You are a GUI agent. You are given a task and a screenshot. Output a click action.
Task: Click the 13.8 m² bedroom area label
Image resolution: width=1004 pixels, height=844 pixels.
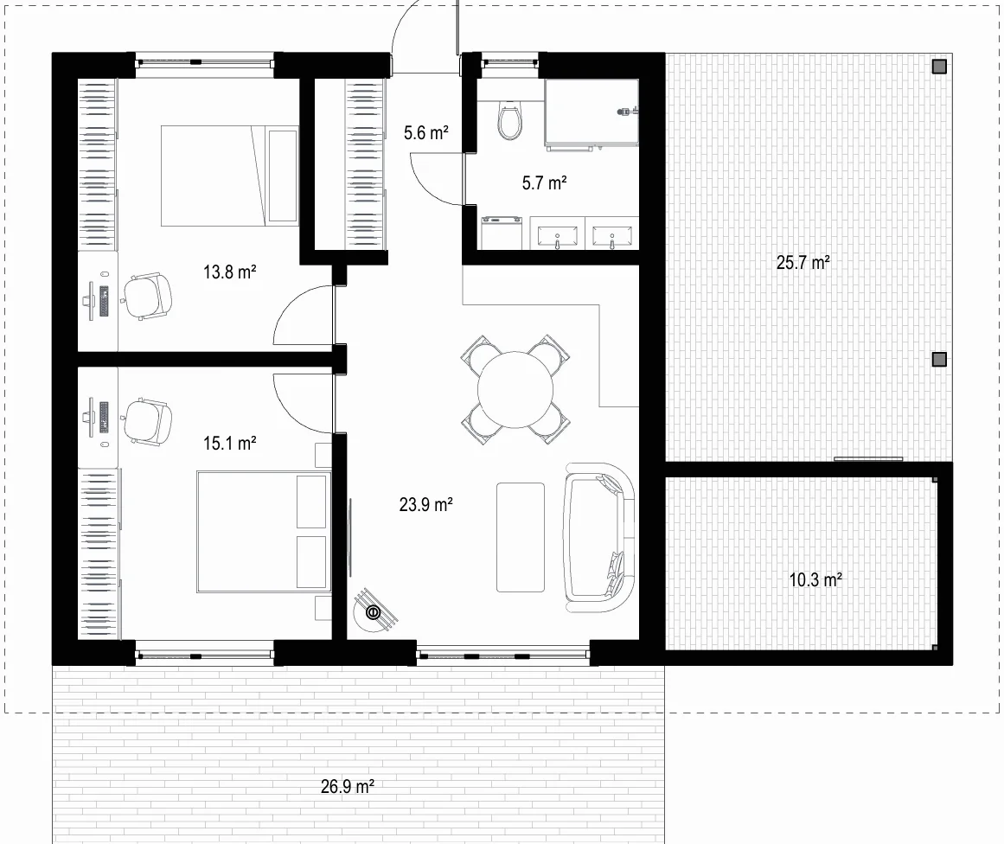230,272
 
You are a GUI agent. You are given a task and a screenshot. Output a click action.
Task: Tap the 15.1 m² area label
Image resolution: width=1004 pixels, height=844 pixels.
230,443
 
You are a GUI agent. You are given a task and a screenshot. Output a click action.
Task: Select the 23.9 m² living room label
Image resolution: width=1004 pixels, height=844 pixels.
425,505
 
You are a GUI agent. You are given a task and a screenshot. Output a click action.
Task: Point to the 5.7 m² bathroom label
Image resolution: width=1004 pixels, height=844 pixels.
544,183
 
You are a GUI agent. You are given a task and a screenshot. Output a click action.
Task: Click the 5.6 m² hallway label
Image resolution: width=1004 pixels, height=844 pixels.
425,132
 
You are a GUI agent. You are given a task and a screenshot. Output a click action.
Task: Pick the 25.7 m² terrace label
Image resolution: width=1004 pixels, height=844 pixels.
803,263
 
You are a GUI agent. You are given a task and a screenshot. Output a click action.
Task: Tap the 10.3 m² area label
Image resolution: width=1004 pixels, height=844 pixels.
815,580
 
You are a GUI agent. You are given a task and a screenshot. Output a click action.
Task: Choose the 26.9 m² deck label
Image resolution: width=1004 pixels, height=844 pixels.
347,786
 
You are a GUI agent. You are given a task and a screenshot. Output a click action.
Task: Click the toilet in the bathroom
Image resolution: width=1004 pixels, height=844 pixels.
509,119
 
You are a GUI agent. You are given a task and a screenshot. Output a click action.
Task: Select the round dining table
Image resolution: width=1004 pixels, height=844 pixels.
515,388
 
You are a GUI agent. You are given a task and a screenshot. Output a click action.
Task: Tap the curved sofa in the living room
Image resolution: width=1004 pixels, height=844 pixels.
598,538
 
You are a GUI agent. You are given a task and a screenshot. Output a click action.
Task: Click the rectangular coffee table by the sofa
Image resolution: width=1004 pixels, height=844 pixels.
521,537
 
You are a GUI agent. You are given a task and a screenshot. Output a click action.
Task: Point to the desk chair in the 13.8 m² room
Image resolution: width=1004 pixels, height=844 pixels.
147,296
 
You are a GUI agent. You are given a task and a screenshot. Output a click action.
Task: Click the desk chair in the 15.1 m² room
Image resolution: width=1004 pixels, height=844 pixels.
147,421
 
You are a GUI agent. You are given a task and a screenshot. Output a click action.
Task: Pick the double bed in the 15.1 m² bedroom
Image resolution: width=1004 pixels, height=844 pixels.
264,532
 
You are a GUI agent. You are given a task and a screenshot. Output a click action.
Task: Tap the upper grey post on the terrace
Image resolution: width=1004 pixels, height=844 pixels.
939,67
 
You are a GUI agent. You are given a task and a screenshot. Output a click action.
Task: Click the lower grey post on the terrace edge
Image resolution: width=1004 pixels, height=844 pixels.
939,359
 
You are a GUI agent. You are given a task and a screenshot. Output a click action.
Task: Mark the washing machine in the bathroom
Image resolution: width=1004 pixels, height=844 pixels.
502,233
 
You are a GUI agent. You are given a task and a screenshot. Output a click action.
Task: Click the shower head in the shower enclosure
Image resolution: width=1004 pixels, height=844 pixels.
625,112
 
